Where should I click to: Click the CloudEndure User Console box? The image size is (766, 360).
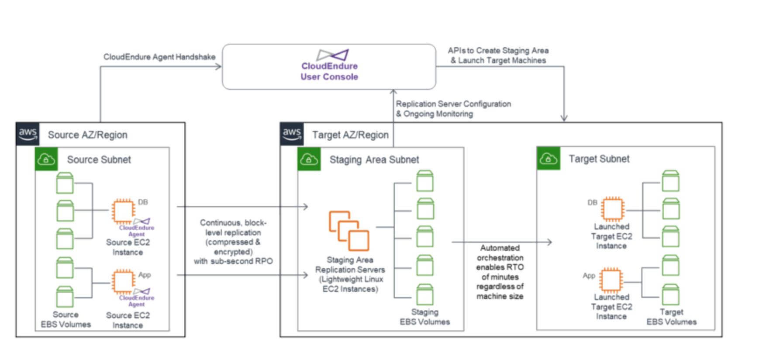[x=329, y=67]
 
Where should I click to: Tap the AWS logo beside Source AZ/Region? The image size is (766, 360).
[x=28, y=133]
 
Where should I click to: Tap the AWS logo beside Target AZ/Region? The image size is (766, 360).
[x=291, y=133]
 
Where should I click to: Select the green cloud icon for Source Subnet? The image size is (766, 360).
[x=46, y=159]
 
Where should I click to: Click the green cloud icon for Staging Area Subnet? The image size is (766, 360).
[x=309, y=159]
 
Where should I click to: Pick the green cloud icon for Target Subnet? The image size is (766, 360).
[x=548, y=158]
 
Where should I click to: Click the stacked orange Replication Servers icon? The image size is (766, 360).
[x=348, y=231]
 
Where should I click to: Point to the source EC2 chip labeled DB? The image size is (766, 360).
[x=123, y=211]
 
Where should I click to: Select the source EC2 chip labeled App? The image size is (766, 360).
[x=123, y=281]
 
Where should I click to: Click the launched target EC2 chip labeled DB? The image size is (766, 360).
[x=612, y=208]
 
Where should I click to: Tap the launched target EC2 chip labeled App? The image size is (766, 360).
[x=611, y=280]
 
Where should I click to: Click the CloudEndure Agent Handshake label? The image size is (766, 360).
[x=159, y=57]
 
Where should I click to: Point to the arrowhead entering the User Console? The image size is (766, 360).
[x=219, y=66]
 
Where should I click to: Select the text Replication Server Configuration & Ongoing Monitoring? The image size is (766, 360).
[x=453, y=109]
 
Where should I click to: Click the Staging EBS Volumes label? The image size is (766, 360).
[x=424, y=317]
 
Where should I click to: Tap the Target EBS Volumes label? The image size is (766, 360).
[x=671, y=317]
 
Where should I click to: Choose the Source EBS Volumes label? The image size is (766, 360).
[x=66, y=319]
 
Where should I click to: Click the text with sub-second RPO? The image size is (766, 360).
[x=233, y=261]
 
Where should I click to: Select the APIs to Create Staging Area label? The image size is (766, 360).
[x=498, y=51]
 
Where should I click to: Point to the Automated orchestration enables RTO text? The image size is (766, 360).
[x=500, y=262]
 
